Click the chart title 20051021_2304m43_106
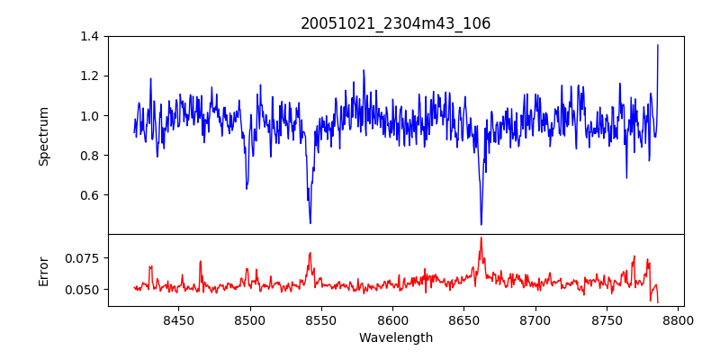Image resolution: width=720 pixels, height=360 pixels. click(395, 23)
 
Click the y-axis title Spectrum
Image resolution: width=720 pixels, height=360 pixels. click(43, 136)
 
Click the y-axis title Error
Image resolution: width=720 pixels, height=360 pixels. click(43, 270)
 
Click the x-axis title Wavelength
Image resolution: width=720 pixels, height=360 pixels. click(395, 338)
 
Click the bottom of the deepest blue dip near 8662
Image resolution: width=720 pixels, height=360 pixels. click(481, 224)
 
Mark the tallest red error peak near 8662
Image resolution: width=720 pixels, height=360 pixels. click(481, 238)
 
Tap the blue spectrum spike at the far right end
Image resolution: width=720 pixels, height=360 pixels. click(658, 45)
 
